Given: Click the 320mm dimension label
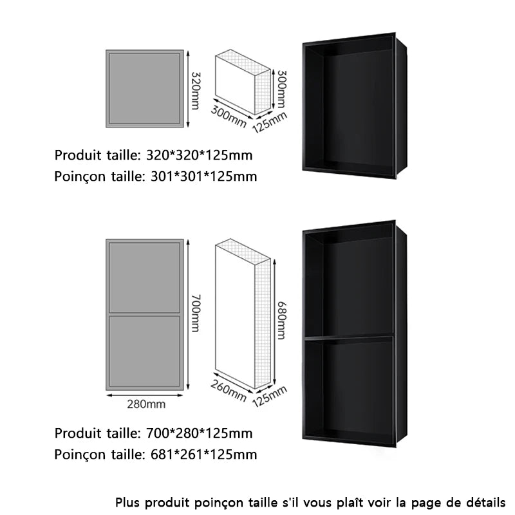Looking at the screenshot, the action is (195, 91).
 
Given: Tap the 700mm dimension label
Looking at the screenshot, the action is (195, 313).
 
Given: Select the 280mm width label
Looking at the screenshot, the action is (146, 404).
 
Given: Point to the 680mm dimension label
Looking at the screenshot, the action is (281, 320).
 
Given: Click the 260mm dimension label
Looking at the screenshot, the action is (229, 391).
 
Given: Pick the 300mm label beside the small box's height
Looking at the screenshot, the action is (281, 89).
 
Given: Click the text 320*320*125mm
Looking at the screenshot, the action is (200, 155).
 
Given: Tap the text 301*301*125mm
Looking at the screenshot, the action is (203, 176).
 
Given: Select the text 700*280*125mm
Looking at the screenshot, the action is (200, 433).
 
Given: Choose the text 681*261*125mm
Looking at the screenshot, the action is (203, 454).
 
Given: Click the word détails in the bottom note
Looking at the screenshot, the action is (486, 503).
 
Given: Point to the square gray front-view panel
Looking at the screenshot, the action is (145, 89).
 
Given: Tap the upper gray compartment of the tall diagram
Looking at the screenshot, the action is (145, 277).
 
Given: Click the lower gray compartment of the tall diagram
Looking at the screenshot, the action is (145, 351).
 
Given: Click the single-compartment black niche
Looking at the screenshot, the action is (354, 106).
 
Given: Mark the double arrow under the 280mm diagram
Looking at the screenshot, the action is (145, 395).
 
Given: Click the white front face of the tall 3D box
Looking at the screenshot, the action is (235, 314).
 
